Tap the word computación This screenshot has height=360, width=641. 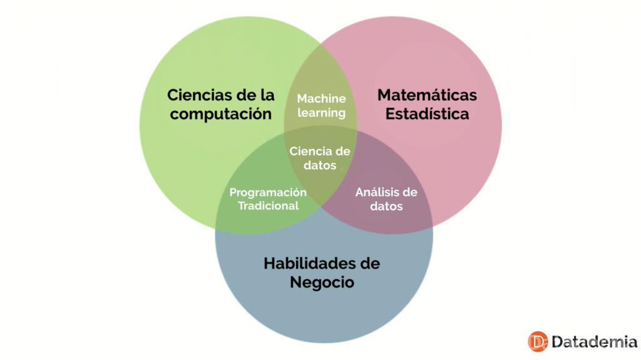click(221, 114)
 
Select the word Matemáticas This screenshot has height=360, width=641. click(427, 95)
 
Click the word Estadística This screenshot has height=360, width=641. click(427, 115)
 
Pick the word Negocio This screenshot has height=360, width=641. click(322, 282)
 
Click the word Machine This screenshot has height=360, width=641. click(321, 99)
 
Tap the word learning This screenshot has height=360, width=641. click(321, 113)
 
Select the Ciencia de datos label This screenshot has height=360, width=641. click(320, 158)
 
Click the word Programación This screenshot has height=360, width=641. click(268, 192)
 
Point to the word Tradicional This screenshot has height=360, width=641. click(268, 205)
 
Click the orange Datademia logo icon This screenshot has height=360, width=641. click(538, 341)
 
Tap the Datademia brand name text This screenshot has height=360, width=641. click(593, 342)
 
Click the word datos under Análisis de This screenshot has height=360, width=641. click(386, 206)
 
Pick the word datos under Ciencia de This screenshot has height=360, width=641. click(320, 165)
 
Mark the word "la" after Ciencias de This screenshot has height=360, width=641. click(267, 95)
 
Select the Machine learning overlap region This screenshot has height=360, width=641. click(321, 81)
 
